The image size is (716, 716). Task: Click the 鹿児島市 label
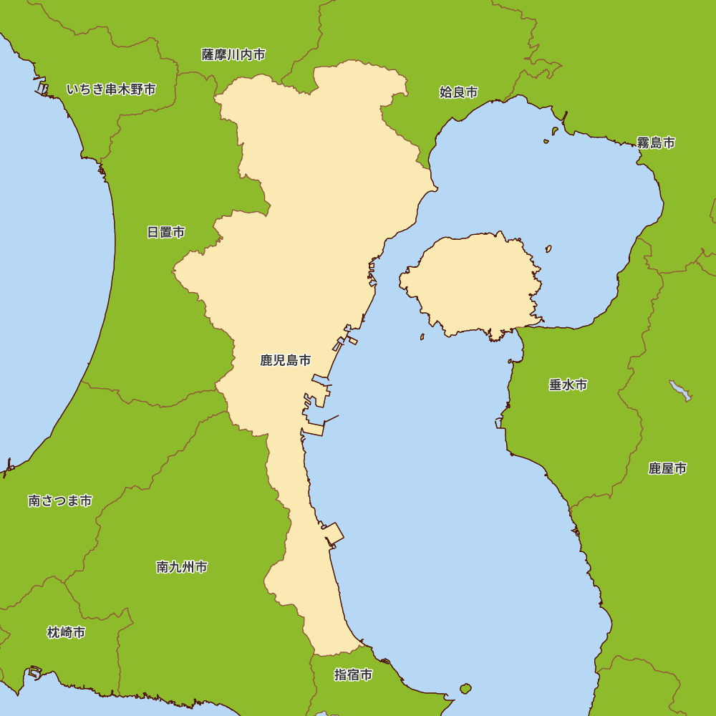point(286,360)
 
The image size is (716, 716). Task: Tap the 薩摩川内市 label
point(233,54)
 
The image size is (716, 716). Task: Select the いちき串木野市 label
point(111,89)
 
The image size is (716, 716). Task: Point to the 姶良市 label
point(458,92)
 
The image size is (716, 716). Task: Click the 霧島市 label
point(656,142)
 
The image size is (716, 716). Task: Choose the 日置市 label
point(166,232)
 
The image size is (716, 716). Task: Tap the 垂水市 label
point(569,385)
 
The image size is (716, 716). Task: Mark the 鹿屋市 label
point(667,468)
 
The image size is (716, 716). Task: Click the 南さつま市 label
point(60,501)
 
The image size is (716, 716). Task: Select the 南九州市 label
point(182,567)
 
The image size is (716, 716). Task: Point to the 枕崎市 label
point(66,632)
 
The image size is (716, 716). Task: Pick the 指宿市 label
point(354,674)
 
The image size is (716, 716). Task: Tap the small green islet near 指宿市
point(465,689)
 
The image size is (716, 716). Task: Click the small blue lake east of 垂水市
point(680,390)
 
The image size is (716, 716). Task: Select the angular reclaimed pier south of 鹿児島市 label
point(334,534)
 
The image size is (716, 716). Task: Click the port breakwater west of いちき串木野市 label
point(42,88)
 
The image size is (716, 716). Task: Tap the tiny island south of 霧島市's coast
point(554,130)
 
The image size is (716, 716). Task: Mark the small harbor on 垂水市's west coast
point(499,422)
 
